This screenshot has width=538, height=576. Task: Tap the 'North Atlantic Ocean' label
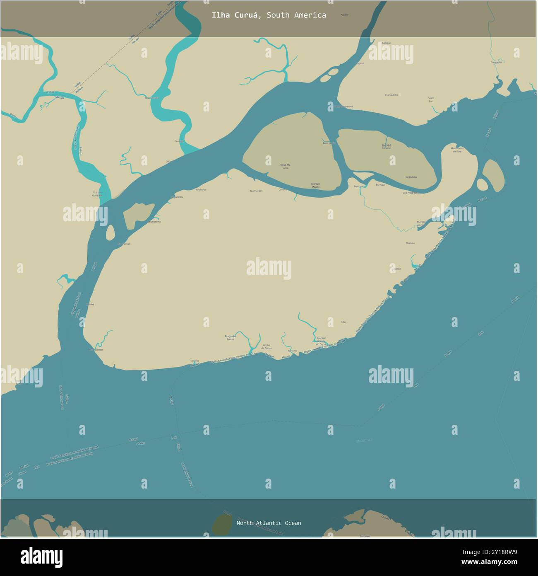coord(269,523)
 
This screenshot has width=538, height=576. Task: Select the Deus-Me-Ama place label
coord(286,166)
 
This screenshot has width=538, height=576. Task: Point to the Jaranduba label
coord(411,177)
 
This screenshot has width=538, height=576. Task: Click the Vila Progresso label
coord(411,193)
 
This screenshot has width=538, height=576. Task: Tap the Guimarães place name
coord(256,191)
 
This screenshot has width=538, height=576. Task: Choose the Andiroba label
coord(201,189)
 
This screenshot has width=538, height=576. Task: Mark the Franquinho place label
coord(391,95)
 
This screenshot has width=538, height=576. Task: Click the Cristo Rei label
coord(430,99)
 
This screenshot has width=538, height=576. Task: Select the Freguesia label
coord(496,62)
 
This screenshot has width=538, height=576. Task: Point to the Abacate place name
coord(410,243)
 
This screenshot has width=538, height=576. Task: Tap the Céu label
coord(343,322)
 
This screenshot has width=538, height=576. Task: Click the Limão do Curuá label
coord(267,347)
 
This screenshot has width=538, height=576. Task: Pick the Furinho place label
coord(293,351)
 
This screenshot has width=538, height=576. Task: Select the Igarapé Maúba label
coord(315,185)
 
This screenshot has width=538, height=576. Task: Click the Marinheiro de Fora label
coord(457,150)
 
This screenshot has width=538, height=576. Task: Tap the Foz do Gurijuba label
coord(97,194)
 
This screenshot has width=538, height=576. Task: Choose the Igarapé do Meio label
coord(386,146)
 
